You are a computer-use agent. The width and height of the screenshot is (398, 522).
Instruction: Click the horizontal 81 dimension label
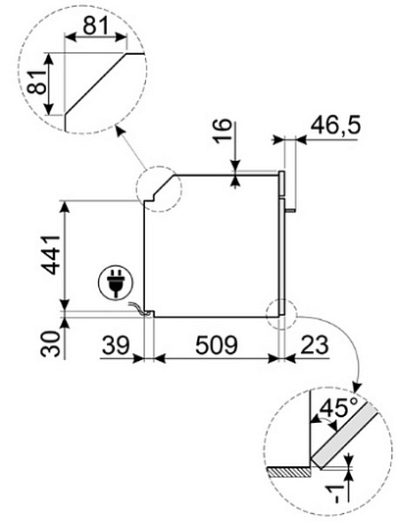coord(96,26)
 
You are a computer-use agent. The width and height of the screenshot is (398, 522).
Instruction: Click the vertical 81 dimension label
coord(37,82)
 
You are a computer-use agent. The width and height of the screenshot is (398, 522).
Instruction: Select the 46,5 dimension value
coord(335,126)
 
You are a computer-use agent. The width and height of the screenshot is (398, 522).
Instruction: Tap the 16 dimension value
coord(223,131)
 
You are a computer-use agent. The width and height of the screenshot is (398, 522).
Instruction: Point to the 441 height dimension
coord(50,255)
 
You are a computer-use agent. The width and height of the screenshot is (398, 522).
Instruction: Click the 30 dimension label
coord(51,343)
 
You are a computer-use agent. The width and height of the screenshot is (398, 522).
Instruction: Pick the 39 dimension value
coord(116,345)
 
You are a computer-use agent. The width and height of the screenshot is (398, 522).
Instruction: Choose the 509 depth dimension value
coord(217,345)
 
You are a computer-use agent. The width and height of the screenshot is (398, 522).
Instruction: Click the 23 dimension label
coord(315,345)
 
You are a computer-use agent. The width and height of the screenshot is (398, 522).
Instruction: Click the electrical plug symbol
coord(116,284)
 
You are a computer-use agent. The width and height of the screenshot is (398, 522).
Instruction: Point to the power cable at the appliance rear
coord(138,308)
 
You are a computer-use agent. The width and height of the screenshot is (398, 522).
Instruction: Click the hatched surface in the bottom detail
coord(289,471)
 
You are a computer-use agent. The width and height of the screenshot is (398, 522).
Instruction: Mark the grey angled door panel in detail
coord(346,435)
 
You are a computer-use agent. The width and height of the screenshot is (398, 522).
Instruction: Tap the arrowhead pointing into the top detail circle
coord(120,130)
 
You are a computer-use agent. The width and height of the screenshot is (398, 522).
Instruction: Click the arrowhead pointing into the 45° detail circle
coord(357,387)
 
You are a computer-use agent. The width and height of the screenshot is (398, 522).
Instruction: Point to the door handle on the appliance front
coord(291,210)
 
